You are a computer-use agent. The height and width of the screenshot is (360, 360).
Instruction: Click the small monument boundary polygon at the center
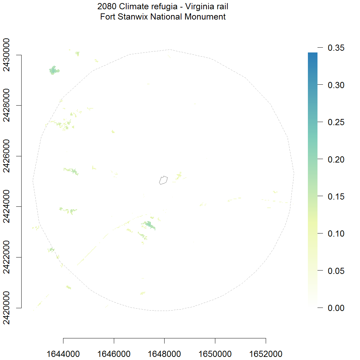[x=164, y=180]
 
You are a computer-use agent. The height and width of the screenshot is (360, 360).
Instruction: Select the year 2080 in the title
[x=107, y=6]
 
